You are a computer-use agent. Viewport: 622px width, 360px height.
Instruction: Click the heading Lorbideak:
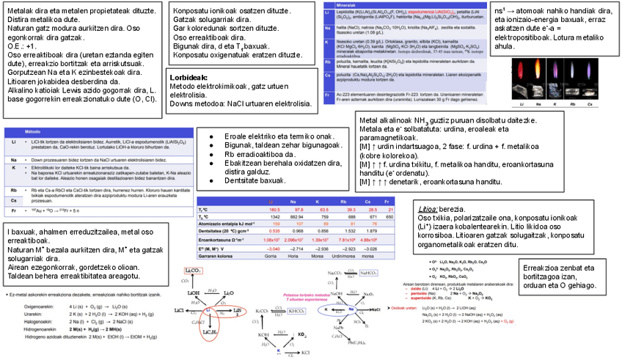click(189, 77)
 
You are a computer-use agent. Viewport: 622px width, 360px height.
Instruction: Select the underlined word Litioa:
click(428, 209)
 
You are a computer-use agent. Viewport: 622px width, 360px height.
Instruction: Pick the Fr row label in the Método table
click(14, 211)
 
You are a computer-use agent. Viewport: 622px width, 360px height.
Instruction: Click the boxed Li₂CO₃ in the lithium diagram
click(194, 271)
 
